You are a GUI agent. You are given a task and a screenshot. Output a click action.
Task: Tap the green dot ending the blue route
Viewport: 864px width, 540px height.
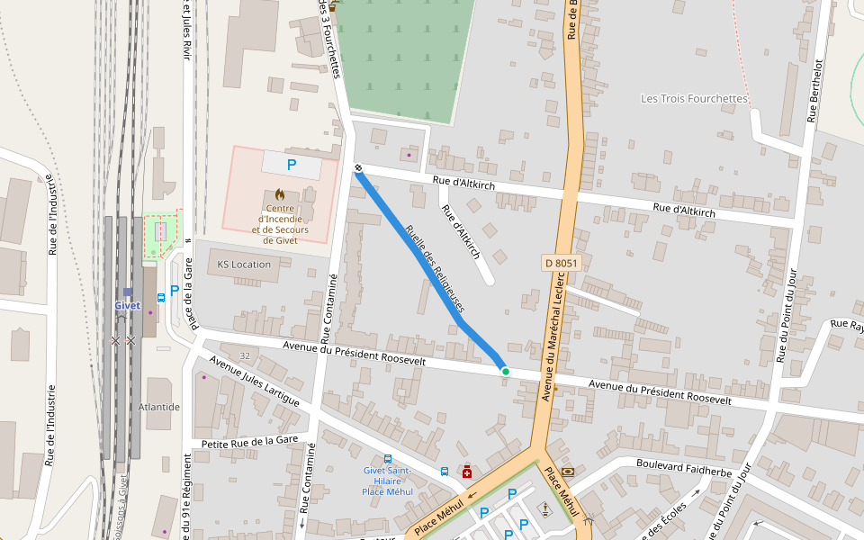click(x=506, y=371)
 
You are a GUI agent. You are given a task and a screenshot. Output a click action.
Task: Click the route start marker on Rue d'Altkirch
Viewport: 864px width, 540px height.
click(x=358, y=167)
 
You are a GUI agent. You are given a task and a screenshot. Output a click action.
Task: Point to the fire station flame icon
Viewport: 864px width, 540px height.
click(x=280, y=194)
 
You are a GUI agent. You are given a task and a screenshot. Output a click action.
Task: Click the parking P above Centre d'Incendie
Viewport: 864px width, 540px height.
click(x=291, y=165)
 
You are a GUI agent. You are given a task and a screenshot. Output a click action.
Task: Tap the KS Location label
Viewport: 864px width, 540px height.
click(x=244, y=265)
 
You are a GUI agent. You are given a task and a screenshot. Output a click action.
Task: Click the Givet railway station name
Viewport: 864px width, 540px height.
click(x=127, y=305)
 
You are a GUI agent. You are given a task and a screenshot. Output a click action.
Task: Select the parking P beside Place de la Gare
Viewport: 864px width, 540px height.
click(x=175, y=291)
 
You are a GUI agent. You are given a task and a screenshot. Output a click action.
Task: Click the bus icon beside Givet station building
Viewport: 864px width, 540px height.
click(x=161, y=296)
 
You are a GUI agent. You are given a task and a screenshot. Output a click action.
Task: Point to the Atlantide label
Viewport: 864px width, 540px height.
click(x=159, y=407)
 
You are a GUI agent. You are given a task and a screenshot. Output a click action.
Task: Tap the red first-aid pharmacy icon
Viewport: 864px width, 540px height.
click(x=466, y=472)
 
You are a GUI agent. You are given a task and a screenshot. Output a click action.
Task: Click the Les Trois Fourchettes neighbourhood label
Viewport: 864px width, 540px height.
click(x=694, y=98)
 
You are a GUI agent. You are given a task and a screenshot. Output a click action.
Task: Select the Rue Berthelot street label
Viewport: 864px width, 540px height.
click(x=814, y=91)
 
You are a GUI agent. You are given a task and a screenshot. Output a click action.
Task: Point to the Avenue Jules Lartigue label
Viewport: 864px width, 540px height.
click(x=254, y=382)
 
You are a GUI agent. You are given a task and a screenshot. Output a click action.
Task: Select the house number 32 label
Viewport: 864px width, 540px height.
click(x=245, y=356)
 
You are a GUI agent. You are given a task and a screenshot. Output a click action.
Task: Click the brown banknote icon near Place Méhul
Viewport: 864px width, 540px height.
click(x=568, y=472)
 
